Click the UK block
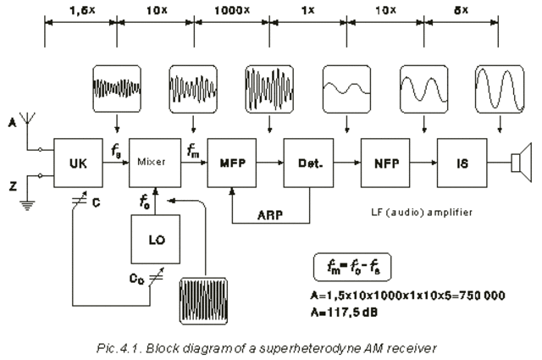[75, 158]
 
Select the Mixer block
[151, 158]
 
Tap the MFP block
[231, 158]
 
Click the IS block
[462, 158]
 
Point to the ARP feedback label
[271, 215]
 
